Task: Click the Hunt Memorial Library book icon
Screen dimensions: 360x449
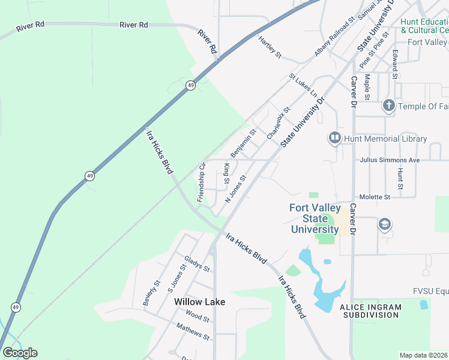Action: [x=334, y=139]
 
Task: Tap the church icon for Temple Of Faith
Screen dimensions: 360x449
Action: [x=388, y=106]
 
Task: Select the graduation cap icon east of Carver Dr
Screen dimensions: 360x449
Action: [x=384, y=224]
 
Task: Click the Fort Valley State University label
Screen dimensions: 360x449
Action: [x=315, y=218]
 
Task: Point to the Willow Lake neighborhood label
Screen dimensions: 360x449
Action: [x=199, y=302]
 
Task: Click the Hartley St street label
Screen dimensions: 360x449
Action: [x=270, y=47]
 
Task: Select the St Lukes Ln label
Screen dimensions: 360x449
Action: [x=303, y=86]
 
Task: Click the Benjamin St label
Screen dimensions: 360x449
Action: [x=244, y=143]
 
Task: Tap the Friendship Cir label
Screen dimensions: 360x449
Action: [x=201, y=182]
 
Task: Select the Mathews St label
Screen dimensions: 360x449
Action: [x=192, y=331]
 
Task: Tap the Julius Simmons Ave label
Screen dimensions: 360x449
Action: [x=390, y=161]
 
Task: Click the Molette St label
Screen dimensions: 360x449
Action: [x=375, y=197]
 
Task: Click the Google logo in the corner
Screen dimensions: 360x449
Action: [x=20, y=353]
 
